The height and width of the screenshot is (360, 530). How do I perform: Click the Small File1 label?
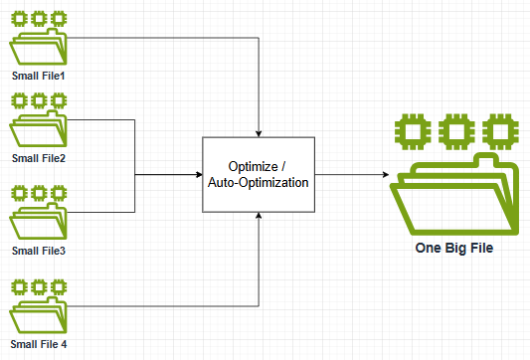[x=37, y=75]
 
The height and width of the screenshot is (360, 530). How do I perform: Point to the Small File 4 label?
[x=39, y=344]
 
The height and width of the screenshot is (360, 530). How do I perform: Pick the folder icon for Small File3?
[x=37, y=221]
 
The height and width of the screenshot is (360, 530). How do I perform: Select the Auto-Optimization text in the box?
[x=259, y=183]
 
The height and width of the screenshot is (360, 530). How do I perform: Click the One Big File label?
[x=453, y=248]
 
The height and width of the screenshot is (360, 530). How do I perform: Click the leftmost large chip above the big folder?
[x=410, y=130]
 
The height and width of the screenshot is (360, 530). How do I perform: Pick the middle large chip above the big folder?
[x=454, y=130]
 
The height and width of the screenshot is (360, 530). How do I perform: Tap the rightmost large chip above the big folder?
[x=498, y=130]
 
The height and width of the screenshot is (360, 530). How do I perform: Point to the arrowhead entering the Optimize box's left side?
[x=197, y=174]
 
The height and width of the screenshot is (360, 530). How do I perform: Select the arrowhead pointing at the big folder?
[x=384, y=174]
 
